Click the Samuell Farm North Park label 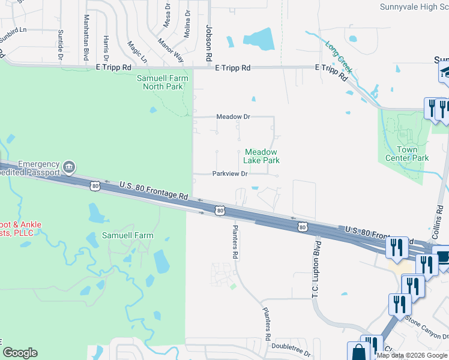(x=163, y=82)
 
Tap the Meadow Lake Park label (x=261, y=157)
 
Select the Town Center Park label (x=412, y=154)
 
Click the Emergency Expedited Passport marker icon (x=69, y=166)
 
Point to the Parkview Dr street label (x=230, y=174)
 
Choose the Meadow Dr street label (x=233, y=116)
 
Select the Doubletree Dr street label (x=291, y=346)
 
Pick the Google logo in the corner (x=20, y=353)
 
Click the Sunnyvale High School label (x=414, y=7)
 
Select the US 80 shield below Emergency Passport (x=95, y=187)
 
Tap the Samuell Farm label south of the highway (x=127, y=235)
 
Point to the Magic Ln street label (x=137, y=52)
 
